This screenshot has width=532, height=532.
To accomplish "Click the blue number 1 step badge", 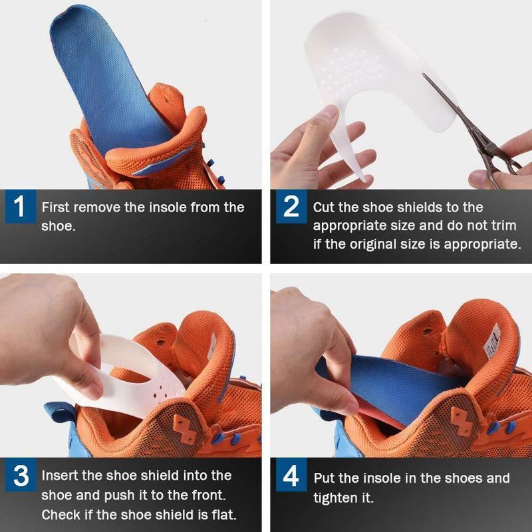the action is click(21, 206).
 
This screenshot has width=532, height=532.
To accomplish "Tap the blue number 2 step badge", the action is click(291, 206).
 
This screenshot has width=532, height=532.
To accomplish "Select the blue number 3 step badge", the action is click(21, 475).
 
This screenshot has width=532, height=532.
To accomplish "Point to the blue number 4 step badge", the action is click(291, 475).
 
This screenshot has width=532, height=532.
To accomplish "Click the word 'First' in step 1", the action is click(55, 207).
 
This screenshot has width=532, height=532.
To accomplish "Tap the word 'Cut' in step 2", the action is click(324, 207).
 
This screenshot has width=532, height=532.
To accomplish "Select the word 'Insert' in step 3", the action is click(59, 475).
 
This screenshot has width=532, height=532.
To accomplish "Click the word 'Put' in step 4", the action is click(324, 478).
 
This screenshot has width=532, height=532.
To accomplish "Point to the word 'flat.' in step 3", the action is click(224, 515).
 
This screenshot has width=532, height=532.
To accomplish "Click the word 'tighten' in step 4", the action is click(333, 497).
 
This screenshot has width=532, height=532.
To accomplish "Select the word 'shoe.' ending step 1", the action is click(59, 226).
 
